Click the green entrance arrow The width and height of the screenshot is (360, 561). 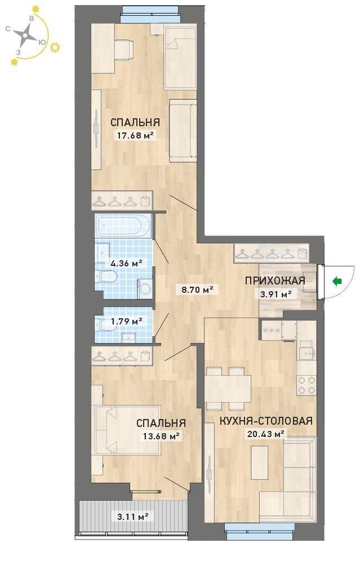click(336, 282)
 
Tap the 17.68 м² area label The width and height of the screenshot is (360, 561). click(135, 135)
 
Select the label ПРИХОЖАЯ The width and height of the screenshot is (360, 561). click(275, 280)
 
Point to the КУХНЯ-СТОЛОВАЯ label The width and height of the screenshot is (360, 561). click(266, 421)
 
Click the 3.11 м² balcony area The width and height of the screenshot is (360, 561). click(133, 517)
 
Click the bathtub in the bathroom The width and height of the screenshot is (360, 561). click(123, 226)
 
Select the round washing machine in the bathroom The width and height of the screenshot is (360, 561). click(146, 288)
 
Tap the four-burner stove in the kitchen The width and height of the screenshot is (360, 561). click(306, 385)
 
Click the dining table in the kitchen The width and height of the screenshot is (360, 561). click(228, 388)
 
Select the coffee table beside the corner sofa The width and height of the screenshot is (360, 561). click(260, 462)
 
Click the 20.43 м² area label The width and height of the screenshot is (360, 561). click(266, 434)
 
